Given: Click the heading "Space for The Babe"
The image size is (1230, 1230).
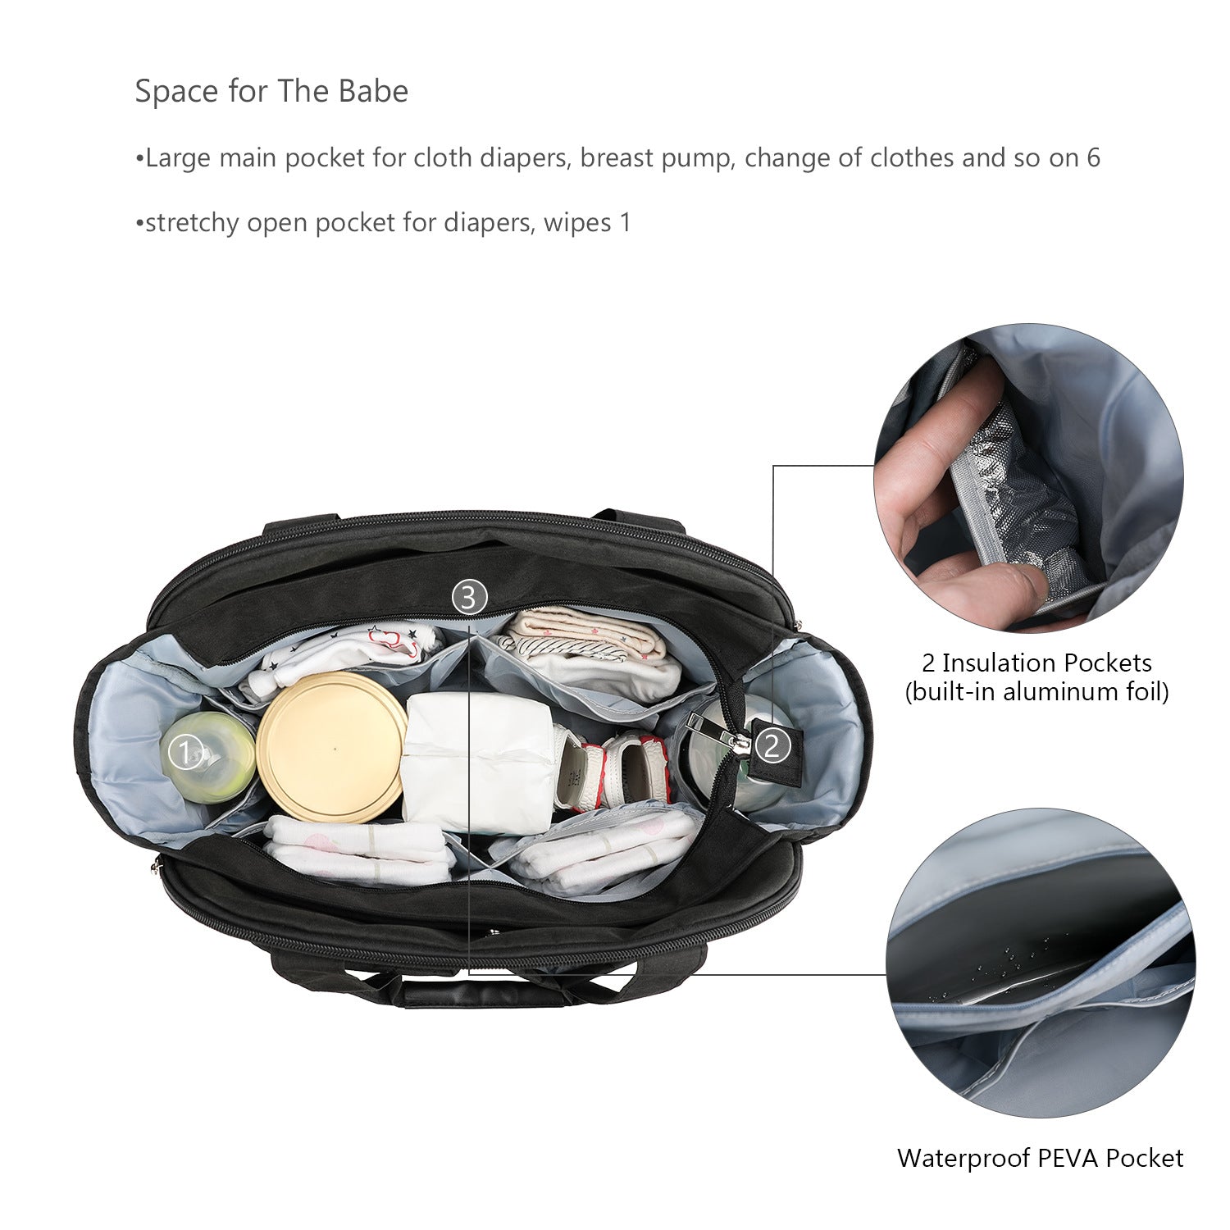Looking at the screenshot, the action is click(271, 91).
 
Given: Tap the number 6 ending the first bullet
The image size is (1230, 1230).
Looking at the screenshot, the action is click(1093, 157).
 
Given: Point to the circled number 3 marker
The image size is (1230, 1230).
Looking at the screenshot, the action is click(469, 598).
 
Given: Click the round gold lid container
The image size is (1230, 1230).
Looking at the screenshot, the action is click(332, 747).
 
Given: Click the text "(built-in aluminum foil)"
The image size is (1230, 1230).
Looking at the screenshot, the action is click(1036, 692).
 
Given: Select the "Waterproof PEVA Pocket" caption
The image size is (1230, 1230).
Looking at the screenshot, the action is click(1040, 1158).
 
